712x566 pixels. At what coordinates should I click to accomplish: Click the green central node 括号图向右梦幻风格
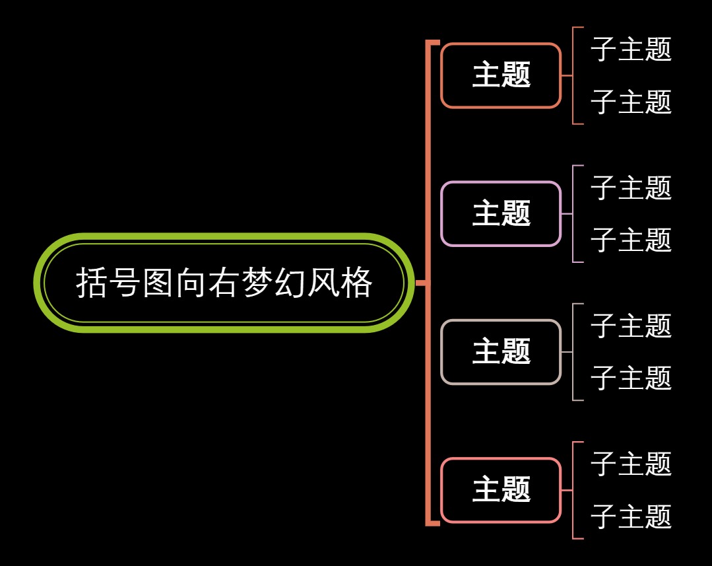[224, 283]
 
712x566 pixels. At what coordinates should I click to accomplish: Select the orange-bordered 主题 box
[501, 75]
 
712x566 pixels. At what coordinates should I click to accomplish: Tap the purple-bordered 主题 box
[501, 213]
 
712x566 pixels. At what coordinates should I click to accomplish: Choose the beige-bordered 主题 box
[501, 351]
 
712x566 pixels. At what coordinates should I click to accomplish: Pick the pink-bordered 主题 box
[501, 490]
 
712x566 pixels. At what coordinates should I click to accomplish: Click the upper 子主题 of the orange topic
[631, 50]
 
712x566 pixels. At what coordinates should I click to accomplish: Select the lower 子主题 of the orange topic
[631, 102]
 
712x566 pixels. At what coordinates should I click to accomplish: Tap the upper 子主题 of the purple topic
[631, 188]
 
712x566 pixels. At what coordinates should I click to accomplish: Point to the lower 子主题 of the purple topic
[631, 240]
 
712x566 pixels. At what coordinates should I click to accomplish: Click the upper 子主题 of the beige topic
[631, 326]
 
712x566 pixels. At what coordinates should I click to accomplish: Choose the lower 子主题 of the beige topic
[631, 378]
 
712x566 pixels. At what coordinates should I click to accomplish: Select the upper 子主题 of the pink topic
[631, 464]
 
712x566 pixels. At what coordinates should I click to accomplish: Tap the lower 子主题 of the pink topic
[631, 516]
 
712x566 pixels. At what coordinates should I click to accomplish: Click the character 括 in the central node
[91, 283]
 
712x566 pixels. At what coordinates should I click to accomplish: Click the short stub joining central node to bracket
[421, 283]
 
